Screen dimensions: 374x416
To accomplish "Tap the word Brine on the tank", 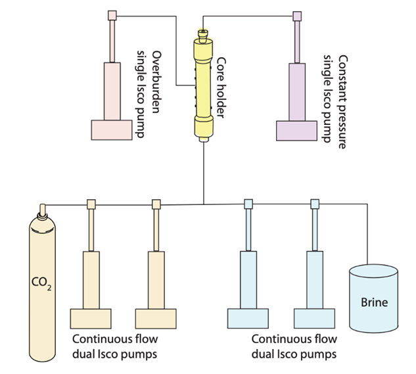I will tap(374, 303).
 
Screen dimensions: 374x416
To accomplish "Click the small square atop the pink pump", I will tap(112, 15).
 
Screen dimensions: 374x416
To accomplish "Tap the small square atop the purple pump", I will tap(297, 15).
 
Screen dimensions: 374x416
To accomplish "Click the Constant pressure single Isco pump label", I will tap(335, 103).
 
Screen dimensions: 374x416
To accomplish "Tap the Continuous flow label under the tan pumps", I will tap(115, 346).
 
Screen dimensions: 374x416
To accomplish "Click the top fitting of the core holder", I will tap(202, 32).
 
